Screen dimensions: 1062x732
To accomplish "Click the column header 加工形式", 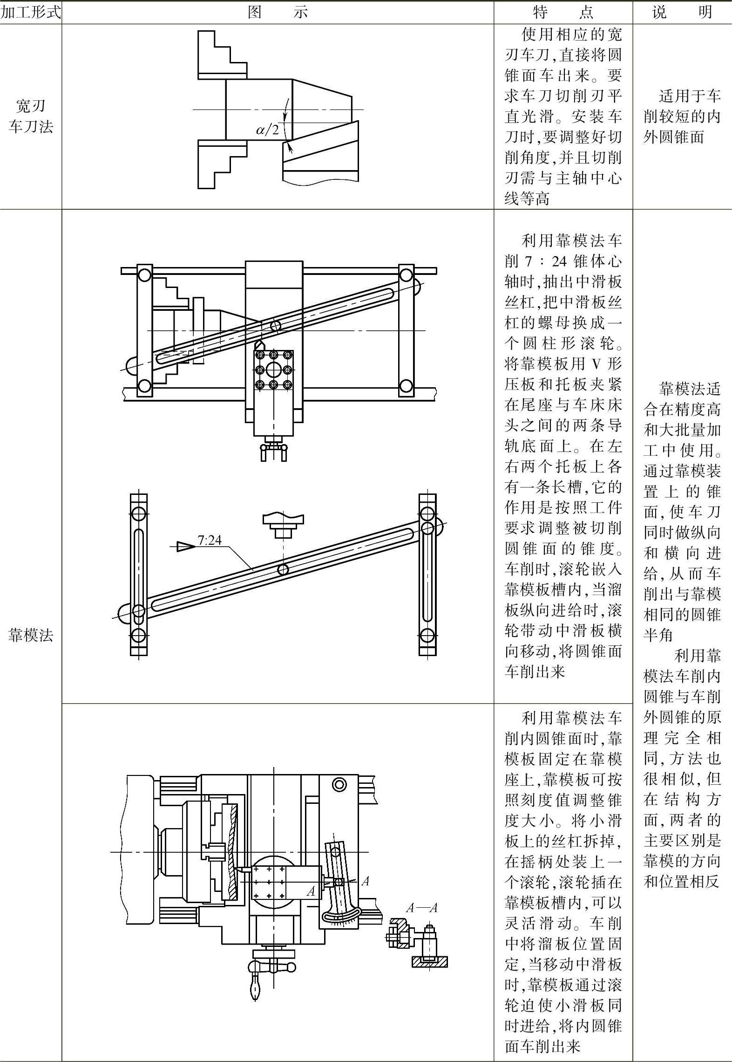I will [31, 13].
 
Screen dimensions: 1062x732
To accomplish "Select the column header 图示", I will [278, 13].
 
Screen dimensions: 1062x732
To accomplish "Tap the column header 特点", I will [563, 13].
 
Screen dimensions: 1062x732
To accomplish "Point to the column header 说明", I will [682, 13].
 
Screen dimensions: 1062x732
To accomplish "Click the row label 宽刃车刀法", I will [31, 116].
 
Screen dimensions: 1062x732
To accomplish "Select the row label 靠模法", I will [31, 635].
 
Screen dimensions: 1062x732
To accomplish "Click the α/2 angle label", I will [267, 130].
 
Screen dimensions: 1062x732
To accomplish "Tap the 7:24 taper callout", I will [210, 541].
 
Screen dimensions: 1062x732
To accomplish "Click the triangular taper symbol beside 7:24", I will [186, 547].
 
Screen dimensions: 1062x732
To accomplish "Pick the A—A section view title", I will [421, 908].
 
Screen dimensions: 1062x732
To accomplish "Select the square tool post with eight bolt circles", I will [273, 370].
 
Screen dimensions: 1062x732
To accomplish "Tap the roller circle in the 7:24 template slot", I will [283, 569].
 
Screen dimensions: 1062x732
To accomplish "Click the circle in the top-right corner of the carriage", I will [339, 784].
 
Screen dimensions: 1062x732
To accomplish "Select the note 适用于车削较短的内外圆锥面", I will [682, 116].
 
